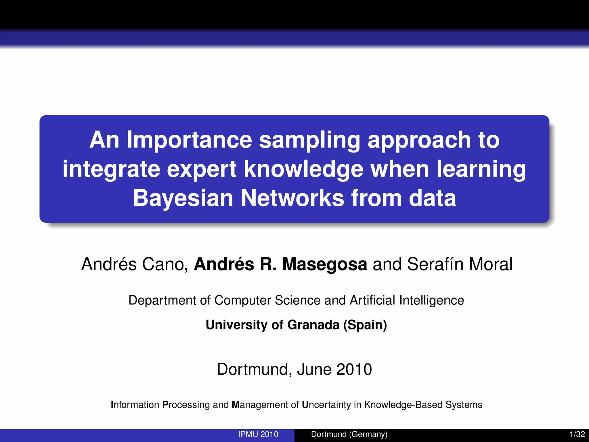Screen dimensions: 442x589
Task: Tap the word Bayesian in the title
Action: click(x=183, y=198)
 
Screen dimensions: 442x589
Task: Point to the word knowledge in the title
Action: click(x=304, y=169)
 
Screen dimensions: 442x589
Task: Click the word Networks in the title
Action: click(x=292, y=198)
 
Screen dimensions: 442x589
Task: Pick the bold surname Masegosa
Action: click(x=324, y=264)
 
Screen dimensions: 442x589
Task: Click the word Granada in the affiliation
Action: click(x=313, y=325)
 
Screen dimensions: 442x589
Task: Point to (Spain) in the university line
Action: click(x=365, y=325)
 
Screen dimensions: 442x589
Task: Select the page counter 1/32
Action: click(x=577, y=434)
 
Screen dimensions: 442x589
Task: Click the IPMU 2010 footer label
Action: click(x=258, y=434)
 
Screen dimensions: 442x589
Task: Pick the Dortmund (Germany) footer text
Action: click(x=349, y=434)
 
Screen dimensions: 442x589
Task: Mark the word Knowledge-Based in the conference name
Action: click(x=403, y=405)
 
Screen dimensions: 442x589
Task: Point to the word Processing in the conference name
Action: click(x=186, y=405)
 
